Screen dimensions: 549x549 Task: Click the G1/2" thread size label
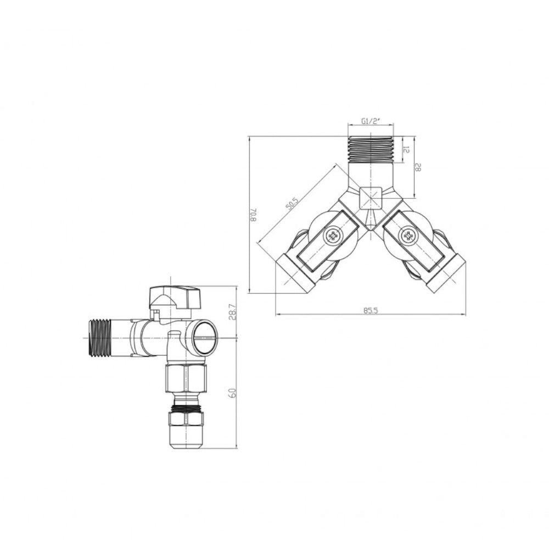tap(371, 121)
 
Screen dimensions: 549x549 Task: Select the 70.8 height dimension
tap(253, 214)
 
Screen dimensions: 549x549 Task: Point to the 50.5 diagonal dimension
tap(292, 204)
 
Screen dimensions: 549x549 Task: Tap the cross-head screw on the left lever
tap(333, 237)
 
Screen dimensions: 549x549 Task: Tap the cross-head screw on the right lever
tap(408, 237)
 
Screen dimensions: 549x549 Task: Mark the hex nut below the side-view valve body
tap(186, 379)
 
